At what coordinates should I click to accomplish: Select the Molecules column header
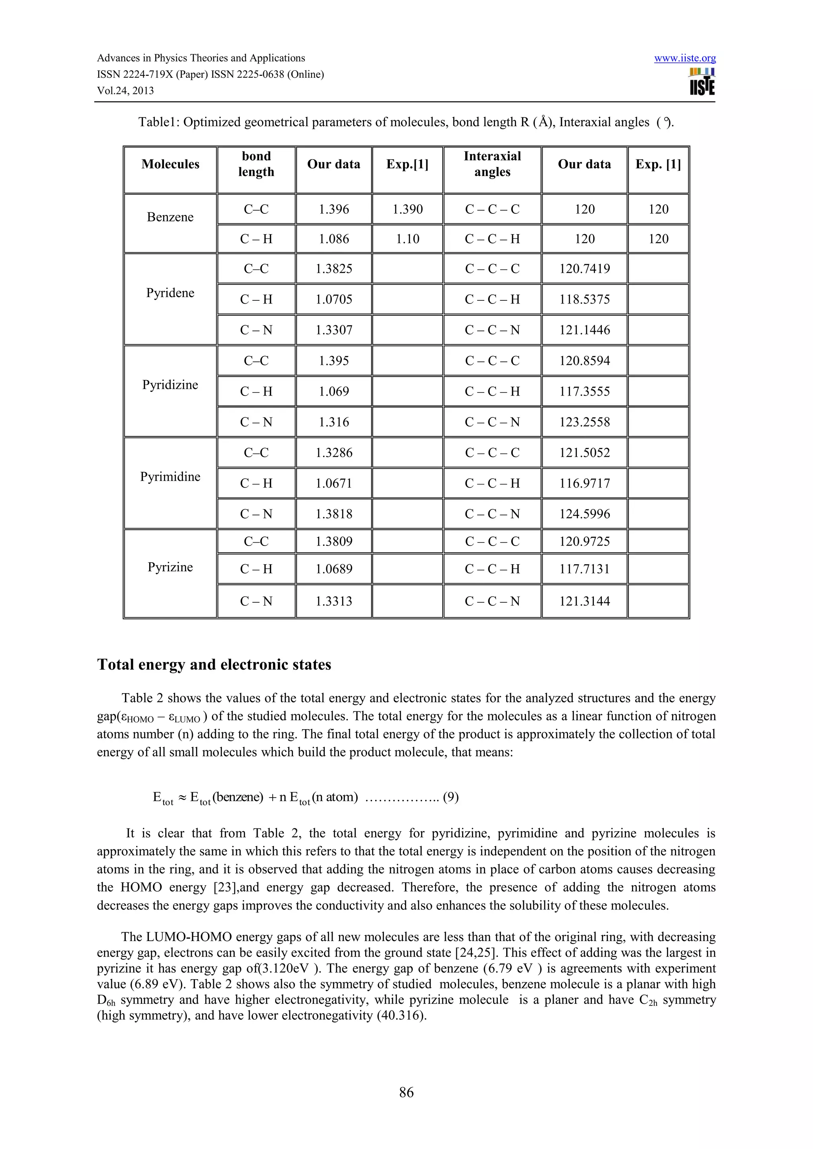pyautogui.click(x=170, y=164)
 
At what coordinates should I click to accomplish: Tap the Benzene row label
pyautogui.click(x=170, y=217)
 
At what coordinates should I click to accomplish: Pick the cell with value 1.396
pyautogui.click(x=334, y=209)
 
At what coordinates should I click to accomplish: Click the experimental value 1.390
pyautogui.click(x=408, y=209)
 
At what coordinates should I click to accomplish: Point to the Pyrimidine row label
pyautogui.click(x=170, y=477)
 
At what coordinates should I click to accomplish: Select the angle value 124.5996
pyautogui.click(x=584, y=514)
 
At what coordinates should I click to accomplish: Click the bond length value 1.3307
pyautogui.click(x=334, y=330)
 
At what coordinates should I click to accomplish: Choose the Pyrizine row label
pyautogui.click(x=170, y=567)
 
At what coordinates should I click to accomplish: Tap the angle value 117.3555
pyautogui.click(x=584, y=391)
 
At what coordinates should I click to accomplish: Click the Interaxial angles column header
pyautogui.click(x=492, y=164)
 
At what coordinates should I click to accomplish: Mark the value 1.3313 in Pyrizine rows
pyautogui.click(x=334, y=601)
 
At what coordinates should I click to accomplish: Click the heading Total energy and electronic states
pyautogui.click(x=214, y=665)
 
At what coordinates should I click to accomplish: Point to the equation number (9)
pyautogui.click(x=451, y=797)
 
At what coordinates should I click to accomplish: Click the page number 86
pyautogui.click(x=406, y=1092)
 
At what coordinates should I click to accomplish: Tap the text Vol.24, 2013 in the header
pyautogui.click(x=125, y=90)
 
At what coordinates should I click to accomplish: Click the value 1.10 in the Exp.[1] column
pyautogui.click(x=408, y=239)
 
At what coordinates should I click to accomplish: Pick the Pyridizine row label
pyautogui.click(x=170, y=384)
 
